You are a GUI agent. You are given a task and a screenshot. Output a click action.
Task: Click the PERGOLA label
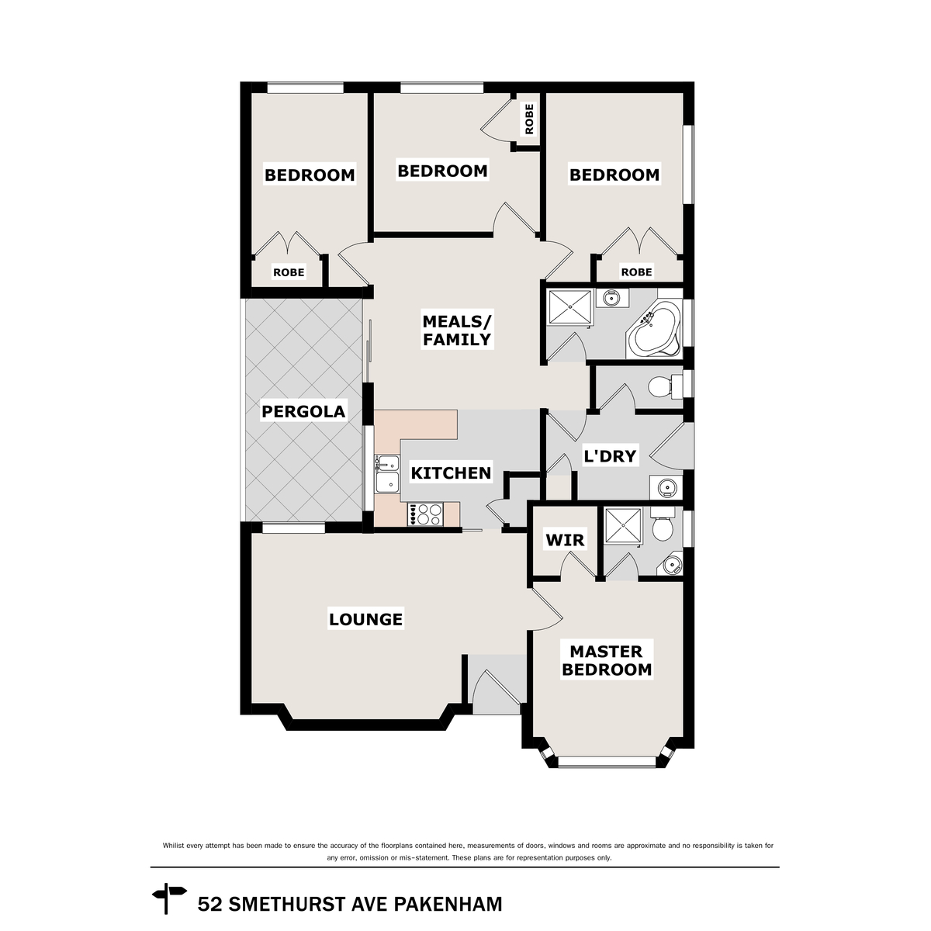303,411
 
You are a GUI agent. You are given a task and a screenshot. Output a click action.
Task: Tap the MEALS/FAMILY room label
456,330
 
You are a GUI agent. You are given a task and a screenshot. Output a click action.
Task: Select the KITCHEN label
450,472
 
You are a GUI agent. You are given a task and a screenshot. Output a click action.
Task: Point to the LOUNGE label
365,619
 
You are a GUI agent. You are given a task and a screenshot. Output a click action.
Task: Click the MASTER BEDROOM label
606,660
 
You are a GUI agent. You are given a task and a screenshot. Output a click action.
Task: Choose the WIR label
565,540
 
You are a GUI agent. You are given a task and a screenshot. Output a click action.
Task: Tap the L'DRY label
609,456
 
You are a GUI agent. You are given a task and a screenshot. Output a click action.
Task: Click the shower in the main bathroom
569,308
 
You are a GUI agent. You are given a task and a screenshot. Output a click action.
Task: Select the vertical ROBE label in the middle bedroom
529,119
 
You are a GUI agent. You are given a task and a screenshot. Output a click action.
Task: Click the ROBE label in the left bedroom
288,272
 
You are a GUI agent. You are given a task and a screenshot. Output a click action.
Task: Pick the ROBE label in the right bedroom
636,272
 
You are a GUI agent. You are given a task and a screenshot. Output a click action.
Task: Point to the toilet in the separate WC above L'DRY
661,386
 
